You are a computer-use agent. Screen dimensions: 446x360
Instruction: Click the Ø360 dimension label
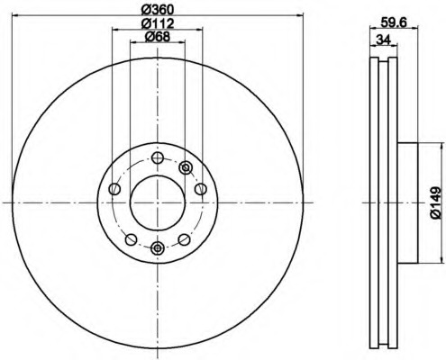[158, 10]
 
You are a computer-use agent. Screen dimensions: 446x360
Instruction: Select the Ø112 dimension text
[158, 23]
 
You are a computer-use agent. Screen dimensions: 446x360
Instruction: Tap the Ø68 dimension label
[158, 37]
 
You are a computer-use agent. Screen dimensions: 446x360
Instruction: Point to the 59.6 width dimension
[394, 22]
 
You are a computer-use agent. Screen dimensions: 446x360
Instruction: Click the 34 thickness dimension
[383, 40]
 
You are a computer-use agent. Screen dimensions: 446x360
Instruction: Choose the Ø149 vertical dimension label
[435, 203]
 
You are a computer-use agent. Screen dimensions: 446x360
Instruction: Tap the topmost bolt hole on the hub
[158, 157]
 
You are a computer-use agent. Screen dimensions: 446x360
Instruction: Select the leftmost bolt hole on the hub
[114, 189]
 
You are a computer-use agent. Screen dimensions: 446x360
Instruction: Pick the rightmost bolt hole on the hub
[200, 189]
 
